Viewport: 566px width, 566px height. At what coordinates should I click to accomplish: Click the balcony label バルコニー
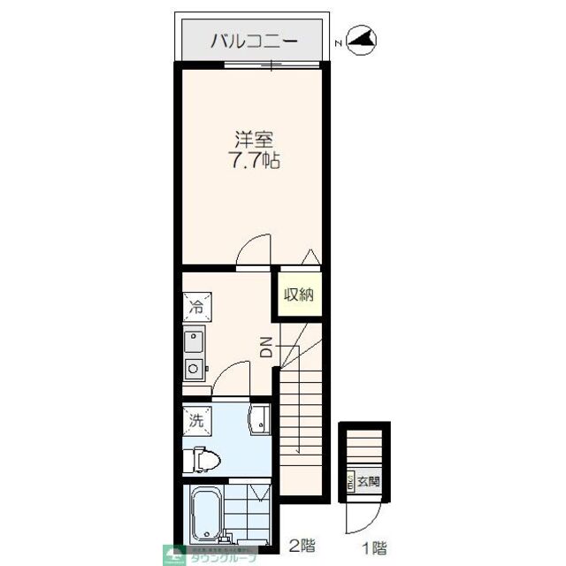click(255, 41)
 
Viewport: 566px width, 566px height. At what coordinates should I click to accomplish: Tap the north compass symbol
click(363, 40)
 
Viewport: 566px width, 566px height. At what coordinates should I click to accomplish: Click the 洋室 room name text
click(253, 140)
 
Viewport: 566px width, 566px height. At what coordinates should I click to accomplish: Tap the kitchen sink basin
click(195, 340)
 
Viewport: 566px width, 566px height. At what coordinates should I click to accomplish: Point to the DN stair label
click(266, 348)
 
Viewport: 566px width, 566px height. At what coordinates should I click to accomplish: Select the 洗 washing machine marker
click(195, 420)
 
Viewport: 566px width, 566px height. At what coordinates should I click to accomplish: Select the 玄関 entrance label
click(368, 482)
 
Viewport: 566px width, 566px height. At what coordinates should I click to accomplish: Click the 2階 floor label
click(301, 547)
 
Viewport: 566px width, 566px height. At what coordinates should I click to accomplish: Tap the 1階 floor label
click(374, 547)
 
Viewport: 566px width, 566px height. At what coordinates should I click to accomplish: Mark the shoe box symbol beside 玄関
click(350, 482)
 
